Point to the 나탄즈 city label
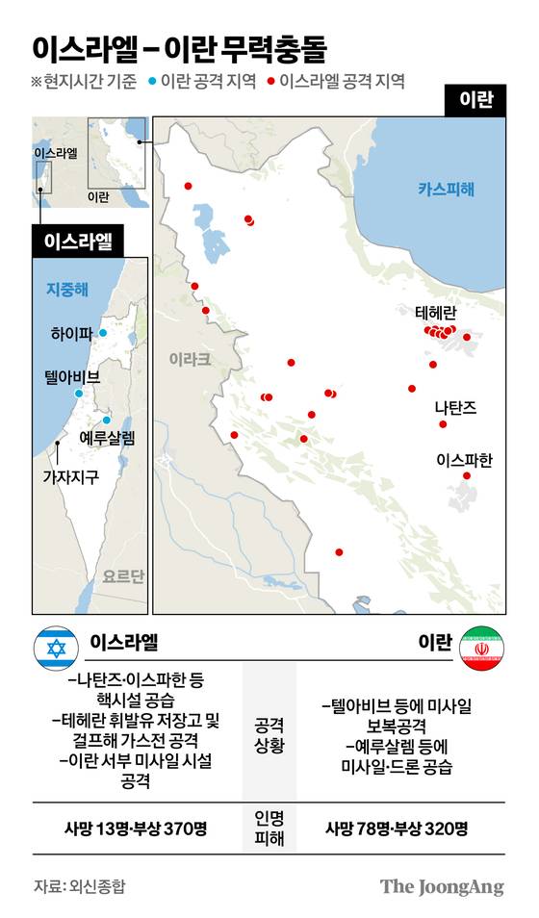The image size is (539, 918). (455, 407)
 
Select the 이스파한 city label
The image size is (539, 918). (464, 460)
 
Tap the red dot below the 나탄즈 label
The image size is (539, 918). (443, 423)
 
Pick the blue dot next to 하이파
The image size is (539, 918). (103, 333)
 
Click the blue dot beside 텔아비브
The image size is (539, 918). (79, 393)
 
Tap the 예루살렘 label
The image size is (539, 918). (107, 438)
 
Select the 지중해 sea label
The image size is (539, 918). (67, 289)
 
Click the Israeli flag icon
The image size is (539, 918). (56, 649)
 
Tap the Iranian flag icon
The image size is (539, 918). (482, 649)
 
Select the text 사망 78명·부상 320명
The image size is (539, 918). (397, 828)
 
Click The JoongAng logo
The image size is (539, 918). (441, 886)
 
